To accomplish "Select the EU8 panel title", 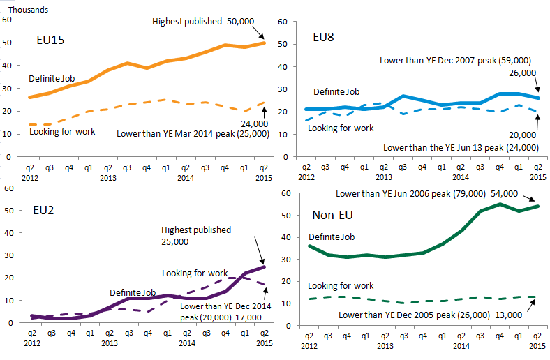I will click(x=323, y=36).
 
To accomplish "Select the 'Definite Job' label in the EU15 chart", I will click(x=52, y=77).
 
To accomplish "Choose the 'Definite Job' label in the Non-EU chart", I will click(x=332, y=237).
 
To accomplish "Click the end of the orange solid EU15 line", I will click(x=264, y=43).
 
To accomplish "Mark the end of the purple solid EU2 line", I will click(x=264, y=267).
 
